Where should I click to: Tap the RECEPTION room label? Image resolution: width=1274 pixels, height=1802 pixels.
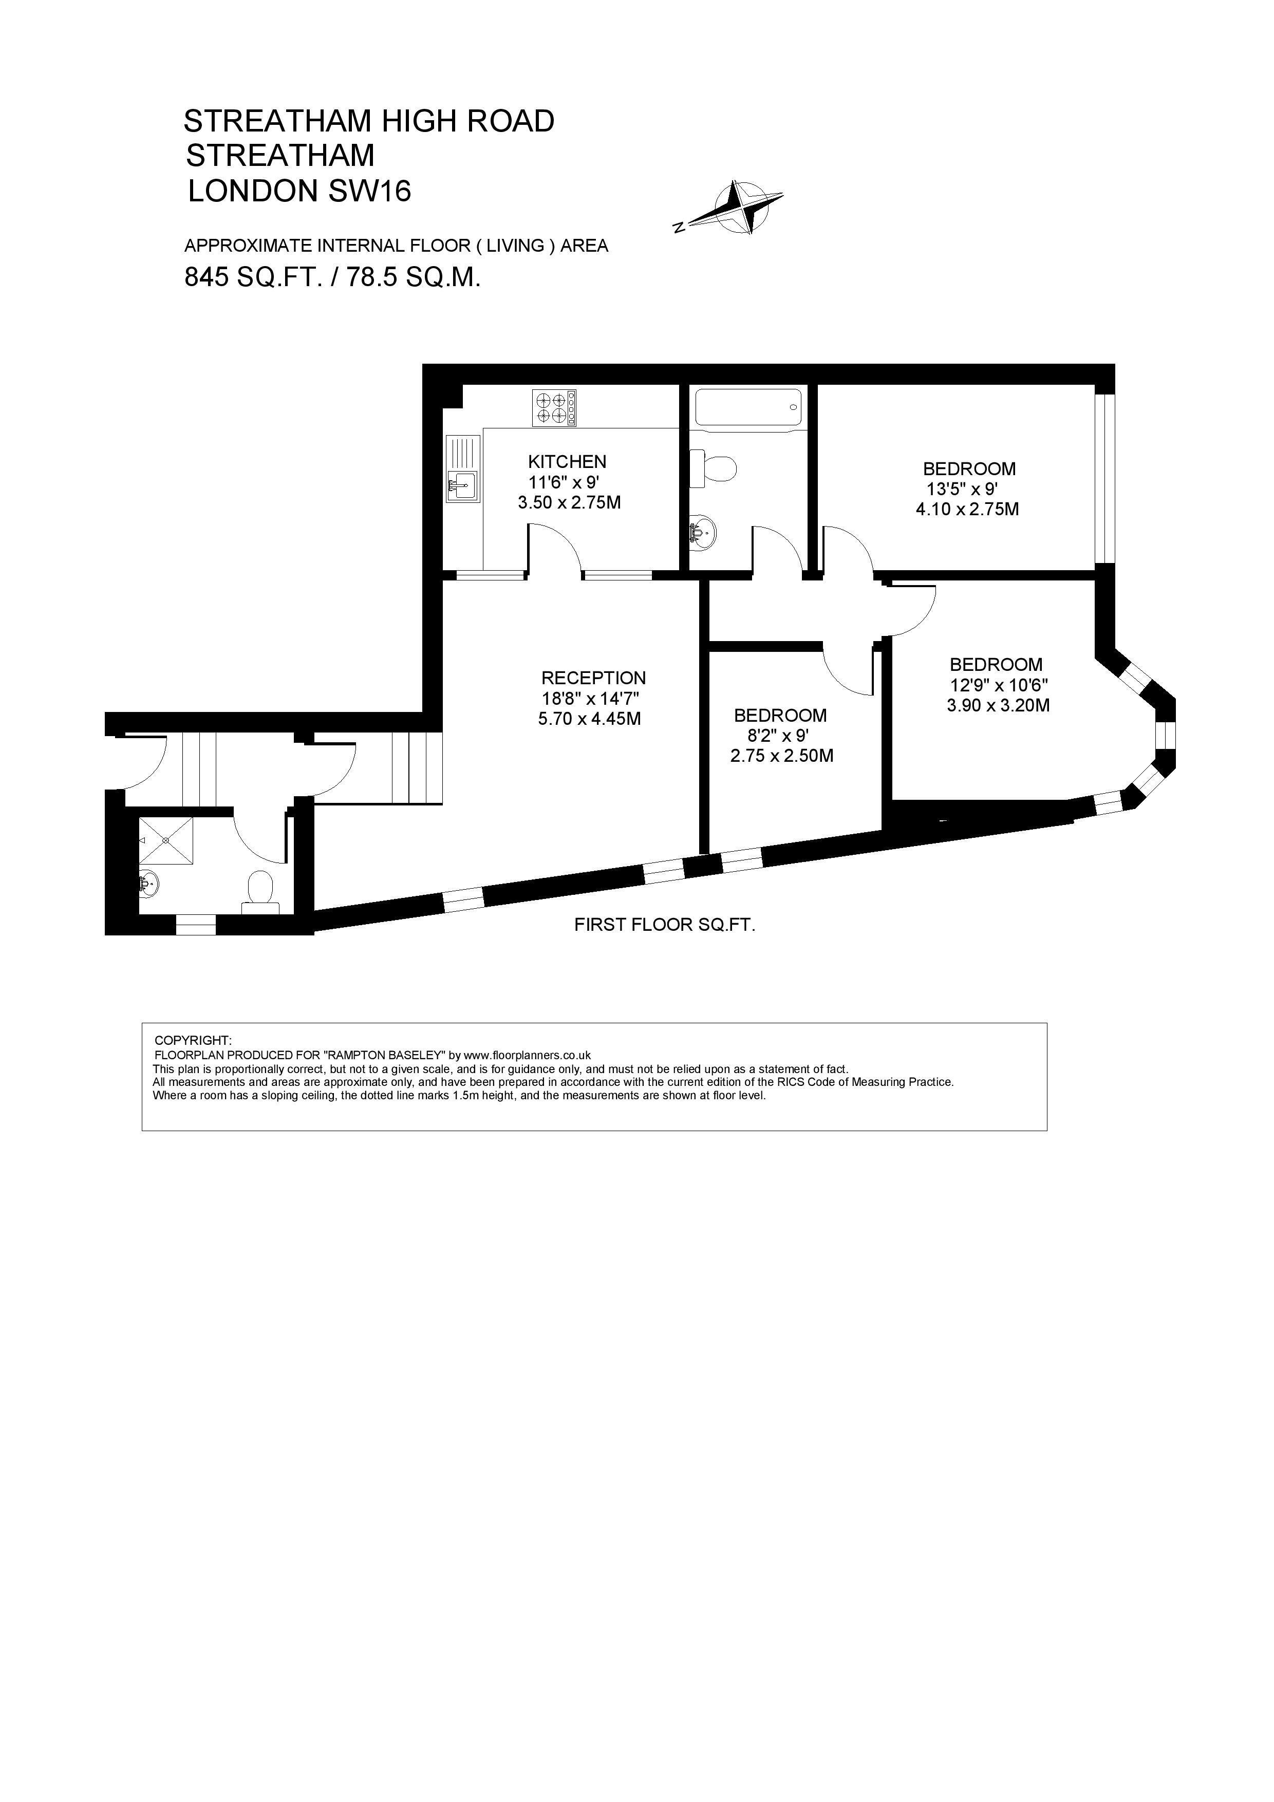pos(593,678)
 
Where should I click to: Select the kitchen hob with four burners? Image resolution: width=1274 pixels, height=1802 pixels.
pos(554,408)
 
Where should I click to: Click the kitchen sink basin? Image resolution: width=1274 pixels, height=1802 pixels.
pos(463,486)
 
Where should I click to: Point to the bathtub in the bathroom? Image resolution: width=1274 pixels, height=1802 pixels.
pos(748,408)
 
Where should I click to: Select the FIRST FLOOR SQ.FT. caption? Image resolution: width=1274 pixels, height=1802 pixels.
pos(665,925)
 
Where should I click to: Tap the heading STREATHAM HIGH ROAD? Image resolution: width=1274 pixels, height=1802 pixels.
pos(369,121)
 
